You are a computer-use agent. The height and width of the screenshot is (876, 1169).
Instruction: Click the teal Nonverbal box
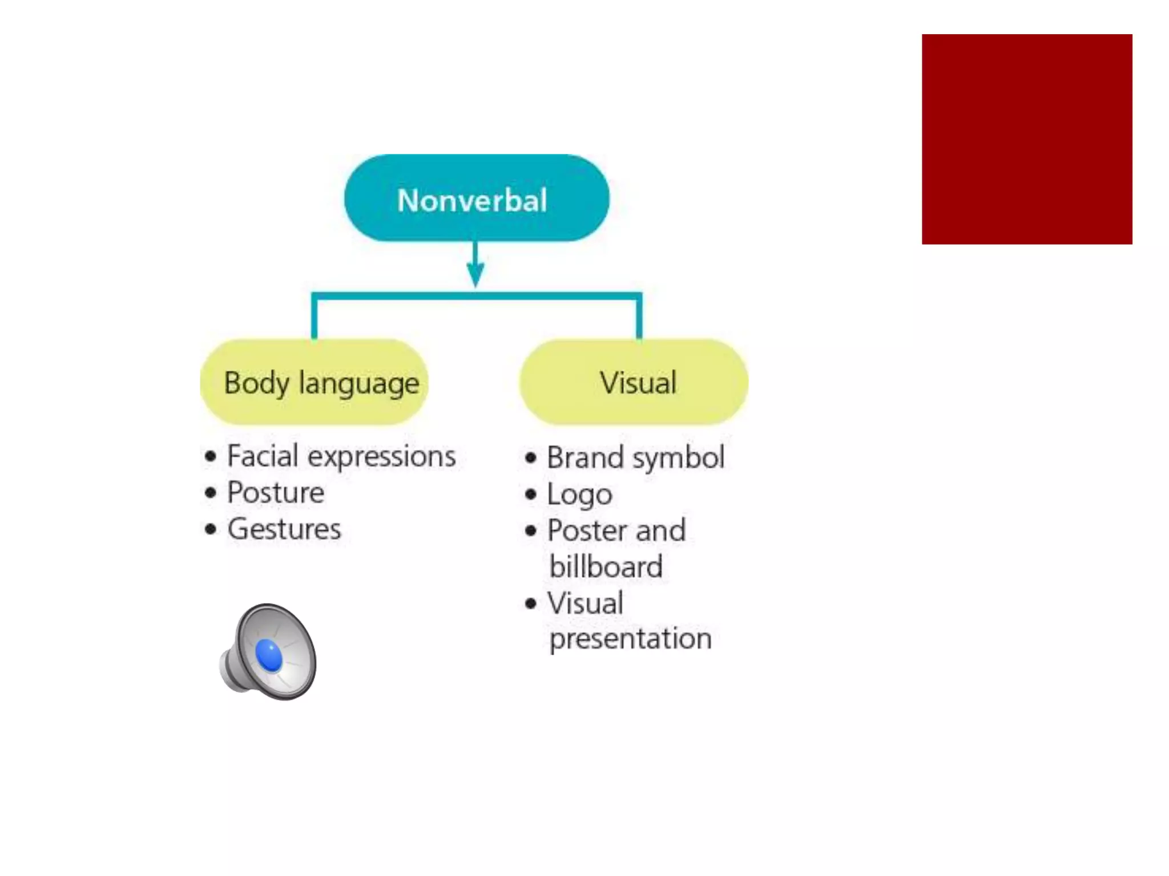[476, 198]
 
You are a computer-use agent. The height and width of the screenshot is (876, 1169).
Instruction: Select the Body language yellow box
[314, 382]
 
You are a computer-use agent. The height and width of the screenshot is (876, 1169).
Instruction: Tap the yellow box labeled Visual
[634, 382]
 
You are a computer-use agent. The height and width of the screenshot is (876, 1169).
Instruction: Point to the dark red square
[1027, 139]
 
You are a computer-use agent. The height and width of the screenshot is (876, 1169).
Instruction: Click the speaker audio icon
[269, 652]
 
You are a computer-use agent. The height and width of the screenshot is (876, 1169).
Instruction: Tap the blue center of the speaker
[269, 656]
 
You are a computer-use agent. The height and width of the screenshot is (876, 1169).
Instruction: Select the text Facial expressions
[341, 457]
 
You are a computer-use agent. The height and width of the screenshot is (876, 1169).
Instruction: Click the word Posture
[276, 493]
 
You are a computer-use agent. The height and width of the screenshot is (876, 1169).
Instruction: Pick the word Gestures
[284, 529]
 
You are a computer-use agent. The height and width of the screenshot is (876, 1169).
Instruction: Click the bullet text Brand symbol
[635, 458]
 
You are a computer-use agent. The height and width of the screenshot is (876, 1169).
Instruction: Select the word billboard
[606, 567]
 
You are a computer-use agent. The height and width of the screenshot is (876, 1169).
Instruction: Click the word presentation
[630, 639]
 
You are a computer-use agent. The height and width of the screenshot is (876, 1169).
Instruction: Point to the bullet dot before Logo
[531, 494]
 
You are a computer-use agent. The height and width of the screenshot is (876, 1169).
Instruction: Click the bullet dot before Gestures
[211, 529]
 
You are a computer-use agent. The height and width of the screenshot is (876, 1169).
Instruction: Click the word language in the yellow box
[359, 383]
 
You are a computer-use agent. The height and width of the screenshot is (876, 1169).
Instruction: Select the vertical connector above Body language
[314, 318]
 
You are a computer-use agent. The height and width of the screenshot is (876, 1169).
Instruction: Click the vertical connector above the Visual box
[639, 318]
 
